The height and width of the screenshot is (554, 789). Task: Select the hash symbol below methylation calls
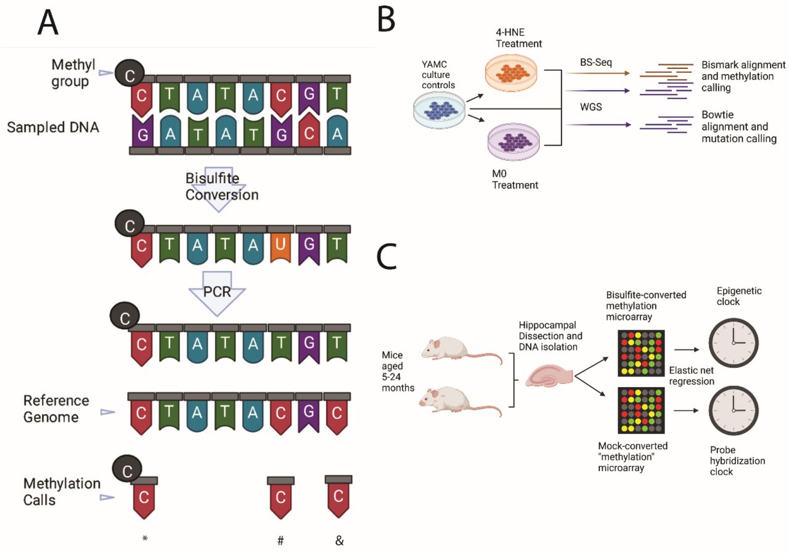click(280, 540)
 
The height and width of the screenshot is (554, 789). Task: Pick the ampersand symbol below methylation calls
click(339, 540)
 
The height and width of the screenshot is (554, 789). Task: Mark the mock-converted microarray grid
click(642, 410)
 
